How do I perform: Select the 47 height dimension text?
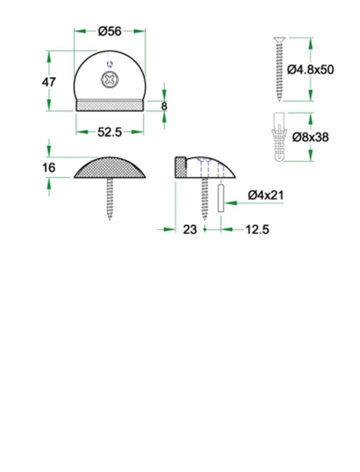(x=49, y=82)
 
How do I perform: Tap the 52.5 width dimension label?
(x=110, y=133)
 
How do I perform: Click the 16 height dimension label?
(x=49, y=167)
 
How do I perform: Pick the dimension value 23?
(x=190, y=229)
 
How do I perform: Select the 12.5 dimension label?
(x=257, y=229)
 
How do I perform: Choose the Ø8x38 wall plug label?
(x=310, y=137)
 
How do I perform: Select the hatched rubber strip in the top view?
(x=109, y=106)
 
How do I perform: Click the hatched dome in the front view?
(x=110, y=169)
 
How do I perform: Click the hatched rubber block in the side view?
(x=179, y=167)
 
